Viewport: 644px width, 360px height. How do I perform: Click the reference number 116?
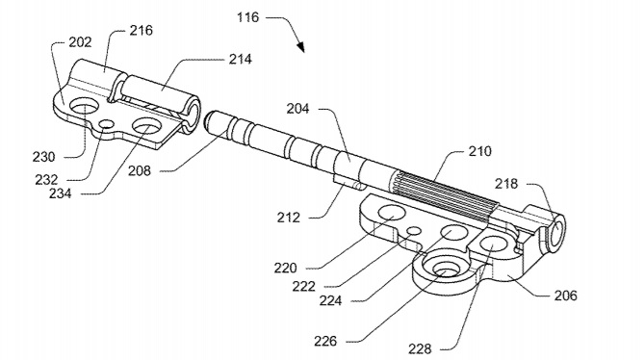click(x=248, y=17)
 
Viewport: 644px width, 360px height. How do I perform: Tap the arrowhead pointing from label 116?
click(x=300, y=46)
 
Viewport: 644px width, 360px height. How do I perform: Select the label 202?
click(x=80, y=42)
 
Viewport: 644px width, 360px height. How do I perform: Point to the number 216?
click(x=141, y=31)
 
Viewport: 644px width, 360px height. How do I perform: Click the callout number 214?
click(x=240, y=59)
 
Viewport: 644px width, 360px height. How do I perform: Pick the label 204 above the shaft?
click(x=297, y=109)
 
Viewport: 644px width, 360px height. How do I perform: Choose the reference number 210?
click(x=479, y=151)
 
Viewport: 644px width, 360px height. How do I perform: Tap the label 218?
click(x=506, y=184)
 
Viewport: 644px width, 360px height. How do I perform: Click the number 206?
click(x=566, y=296)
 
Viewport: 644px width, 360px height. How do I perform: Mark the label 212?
click(x=289, y=218)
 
